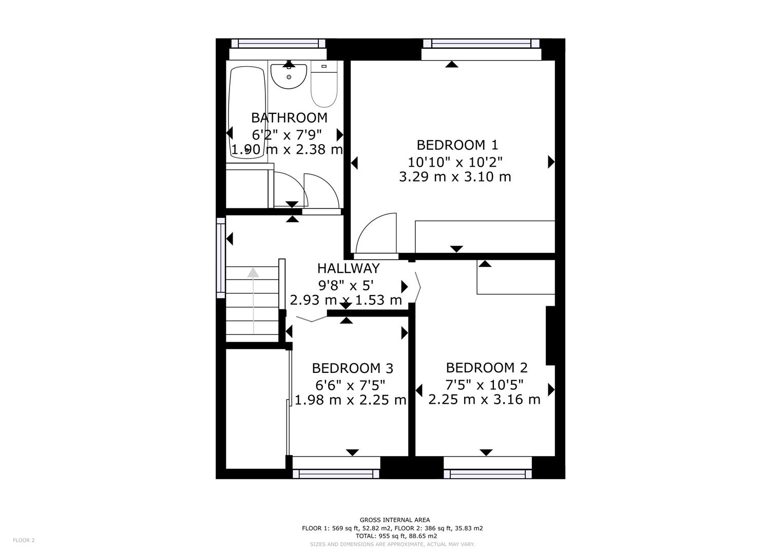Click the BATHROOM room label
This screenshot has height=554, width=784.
pos(289,118)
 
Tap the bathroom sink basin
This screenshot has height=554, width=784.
pos(289,76)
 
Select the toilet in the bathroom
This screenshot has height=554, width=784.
pos(323,85)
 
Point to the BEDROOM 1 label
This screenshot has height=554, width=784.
pos(457,145)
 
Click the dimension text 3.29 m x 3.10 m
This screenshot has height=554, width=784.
pos(455,177)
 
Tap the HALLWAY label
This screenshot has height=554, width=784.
pos(348,268)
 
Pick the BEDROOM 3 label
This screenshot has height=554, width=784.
pos(352,368)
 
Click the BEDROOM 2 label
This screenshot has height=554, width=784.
pos(486,368)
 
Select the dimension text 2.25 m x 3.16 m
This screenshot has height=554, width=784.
pos(484,399)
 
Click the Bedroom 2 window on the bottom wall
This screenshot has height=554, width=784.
pos(488,473)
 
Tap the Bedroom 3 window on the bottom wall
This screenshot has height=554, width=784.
pos(336,473)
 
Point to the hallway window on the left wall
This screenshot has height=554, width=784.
pos(221,258)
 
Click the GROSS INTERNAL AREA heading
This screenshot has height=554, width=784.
pos(395,520)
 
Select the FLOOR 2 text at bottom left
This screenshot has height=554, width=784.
pos(24,540)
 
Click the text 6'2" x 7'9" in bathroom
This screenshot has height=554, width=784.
pos(287,134)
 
